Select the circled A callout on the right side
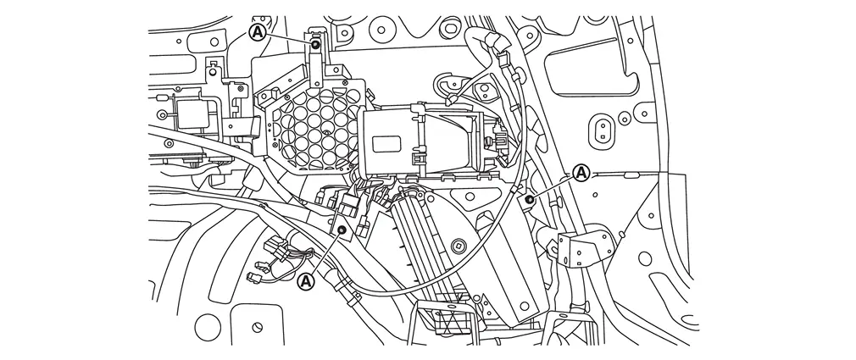[582, 174]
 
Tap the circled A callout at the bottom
[307, 281]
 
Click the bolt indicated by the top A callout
[315, 43]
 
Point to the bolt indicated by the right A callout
[529, 199]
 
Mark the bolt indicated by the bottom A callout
[342, 230]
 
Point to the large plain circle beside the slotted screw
[208, 328]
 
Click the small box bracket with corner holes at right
[584, 249]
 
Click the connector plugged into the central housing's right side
[499, 140]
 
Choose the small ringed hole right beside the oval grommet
[624, 117]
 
